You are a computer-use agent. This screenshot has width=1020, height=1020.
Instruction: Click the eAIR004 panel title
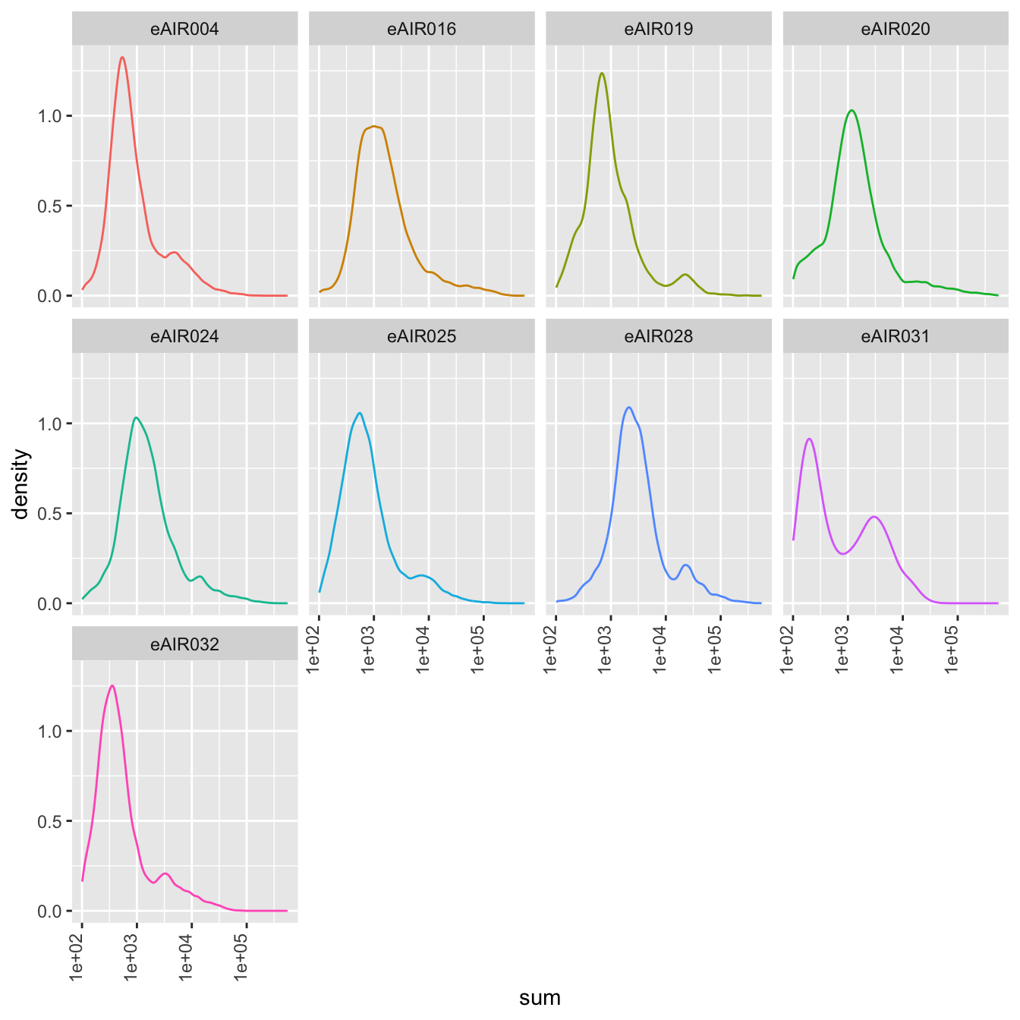[184, 29]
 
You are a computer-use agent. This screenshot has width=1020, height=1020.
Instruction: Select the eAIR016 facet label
[421, 29]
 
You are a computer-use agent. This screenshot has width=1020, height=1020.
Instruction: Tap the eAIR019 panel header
[658, 29]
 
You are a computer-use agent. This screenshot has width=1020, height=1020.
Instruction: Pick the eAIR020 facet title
[896, 29]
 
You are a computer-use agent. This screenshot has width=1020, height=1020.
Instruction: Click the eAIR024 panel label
[184, 336]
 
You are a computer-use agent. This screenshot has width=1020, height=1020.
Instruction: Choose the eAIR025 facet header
[421, 336]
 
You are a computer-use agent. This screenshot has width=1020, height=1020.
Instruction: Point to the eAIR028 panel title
[658, 336]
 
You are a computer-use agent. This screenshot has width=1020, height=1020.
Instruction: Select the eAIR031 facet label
[896, 336]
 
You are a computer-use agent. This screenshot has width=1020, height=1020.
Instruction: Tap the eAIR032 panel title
[184, 644]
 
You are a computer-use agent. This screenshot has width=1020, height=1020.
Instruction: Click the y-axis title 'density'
[21, 484]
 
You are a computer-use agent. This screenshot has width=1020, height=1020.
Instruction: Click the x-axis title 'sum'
[540, 998]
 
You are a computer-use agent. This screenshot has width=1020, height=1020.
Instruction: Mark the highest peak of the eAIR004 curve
[122, 57]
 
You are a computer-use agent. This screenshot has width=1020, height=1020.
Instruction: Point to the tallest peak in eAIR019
[602, 73]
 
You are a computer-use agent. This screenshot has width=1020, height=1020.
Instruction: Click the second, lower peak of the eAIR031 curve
[875, 517]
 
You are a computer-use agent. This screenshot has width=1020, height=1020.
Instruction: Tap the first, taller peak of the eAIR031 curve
[810, 439]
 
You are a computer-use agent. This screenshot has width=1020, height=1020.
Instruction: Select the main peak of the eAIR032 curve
[112, 685]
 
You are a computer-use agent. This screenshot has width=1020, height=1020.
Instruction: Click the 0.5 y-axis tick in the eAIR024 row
[51, 514]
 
